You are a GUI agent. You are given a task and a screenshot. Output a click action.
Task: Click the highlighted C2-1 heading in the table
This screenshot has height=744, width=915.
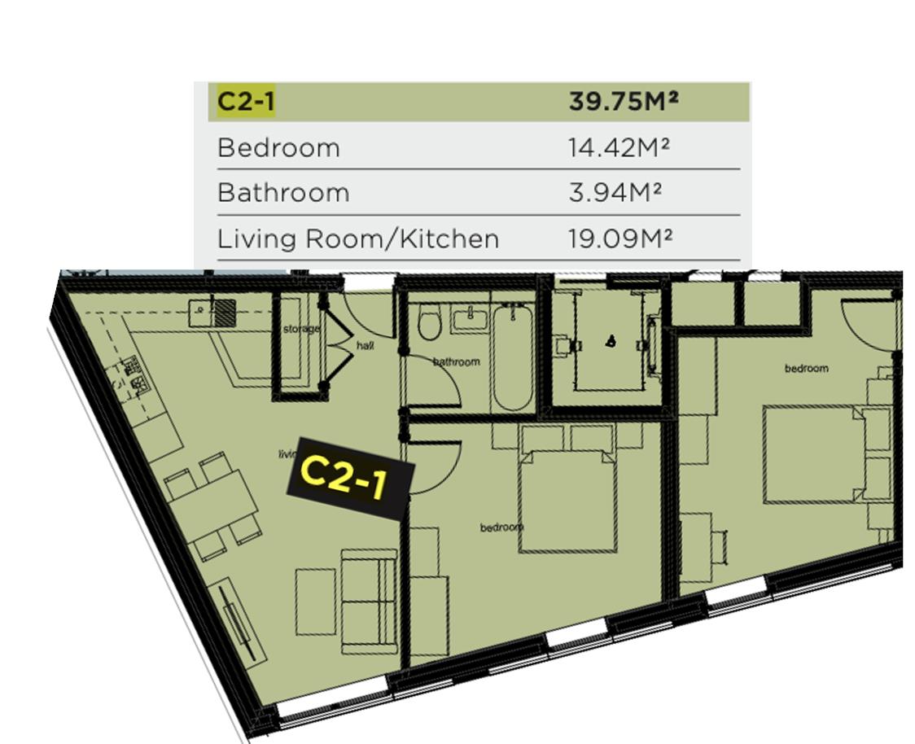pos(246,102)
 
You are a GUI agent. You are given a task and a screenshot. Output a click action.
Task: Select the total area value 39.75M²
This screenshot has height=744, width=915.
pos(624,101)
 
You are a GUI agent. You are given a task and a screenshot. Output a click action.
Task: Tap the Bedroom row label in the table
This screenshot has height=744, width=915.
pos(278,147)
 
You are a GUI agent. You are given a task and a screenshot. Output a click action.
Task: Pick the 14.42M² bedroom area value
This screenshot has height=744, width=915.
pos(619,147)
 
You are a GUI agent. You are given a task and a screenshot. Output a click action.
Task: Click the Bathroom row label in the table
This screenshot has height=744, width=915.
pos(283,193)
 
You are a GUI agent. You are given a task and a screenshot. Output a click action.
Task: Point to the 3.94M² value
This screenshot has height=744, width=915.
pos(615,192)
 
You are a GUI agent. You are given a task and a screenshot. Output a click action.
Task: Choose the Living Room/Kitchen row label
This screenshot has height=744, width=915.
pos(358,239)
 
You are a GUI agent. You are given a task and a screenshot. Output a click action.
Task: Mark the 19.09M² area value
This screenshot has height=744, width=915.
pos(620,238)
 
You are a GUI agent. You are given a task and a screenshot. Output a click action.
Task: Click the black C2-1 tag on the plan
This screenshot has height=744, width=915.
pos(350,479)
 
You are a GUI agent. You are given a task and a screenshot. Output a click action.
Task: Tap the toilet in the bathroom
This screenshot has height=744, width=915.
pos(430,324)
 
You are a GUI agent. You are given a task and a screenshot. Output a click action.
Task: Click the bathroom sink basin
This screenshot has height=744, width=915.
pos(471,321)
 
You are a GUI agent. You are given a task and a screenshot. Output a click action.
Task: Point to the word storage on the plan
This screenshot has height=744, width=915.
pos(302,329)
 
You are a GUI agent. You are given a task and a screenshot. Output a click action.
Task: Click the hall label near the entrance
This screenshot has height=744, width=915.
pos(366,346)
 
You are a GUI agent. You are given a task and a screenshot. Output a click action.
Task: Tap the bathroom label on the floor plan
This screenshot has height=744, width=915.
pos(457,361)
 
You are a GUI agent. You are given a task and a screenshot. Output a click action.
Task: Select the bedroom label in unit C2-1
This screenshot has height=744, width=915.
pos(501,527)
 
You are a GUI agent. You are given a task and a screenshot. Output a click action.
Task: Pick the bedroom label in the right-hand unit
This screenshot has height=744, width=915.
pos(807,368)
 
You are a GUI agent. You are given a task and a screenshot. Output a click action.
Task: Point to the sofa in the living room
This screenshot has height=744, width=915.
pos(370,602)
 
